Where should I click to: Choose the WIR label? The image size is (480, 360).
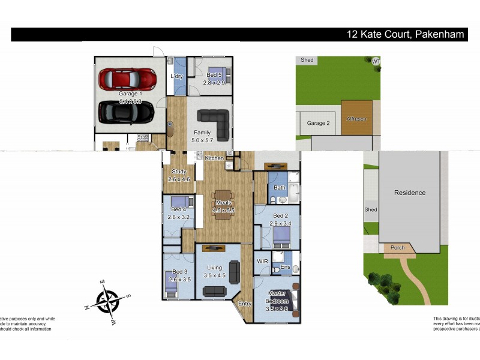pos(262,262)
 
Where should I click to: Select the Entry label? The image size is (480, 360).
pos(245,304)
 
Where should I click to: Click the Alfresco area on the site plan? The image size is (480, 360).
pos(356,118)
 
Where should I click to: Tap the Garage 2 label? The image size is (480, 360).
pos(319,123)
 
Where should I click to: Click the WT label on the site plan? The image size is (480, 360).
pos(376,61)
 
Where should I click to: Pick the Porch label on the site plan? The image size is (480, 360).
pos(398,247)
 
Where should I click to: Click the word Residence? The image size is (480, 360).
pos(410,193)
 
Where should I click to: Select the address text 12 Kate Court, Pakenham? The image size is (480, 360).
pos(406,34)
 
